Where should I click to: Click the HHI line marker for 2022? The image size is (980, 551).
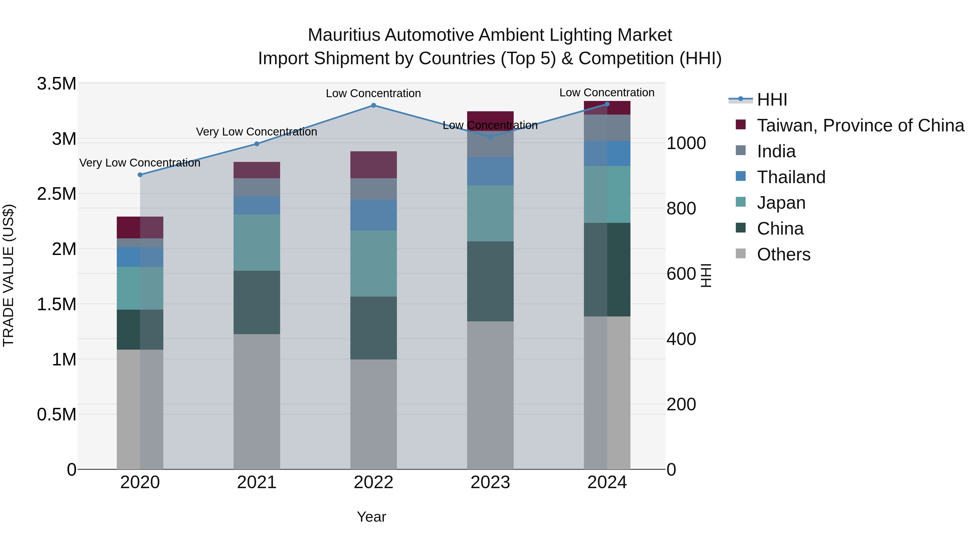[x=373, y=105]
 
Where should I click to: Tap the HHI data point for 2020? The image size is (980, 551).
[x=140, y=174]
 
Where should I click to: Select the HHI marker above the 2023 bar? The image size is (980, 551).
[x=490, y=137]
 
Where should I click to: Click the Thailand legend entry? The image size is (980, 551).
[x=791, y=177]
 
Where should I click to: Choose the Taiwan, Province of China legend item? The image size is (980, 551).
[x=860, y=125]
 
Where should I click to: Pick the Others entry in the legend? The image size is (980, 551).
[x=783, y=254]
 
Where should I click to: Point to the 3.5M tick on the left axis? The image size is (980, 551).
[x=57, y=84]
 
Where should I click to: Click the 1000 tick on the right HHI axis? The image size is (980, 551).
[x=686, y=143]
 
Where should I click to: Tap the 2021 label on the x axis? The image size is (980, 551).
[x=256, y=482]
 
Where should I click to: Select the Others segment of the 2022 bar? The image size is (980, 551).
[x=373, y=414]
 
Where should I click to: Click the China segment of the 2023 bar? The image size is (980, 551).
[x=490, y=281]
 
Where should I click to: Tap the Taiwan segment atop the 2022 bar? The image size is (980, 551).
[x=373, y=165]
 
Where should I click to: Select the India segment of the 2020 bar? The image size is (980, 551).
[x=140, y=243]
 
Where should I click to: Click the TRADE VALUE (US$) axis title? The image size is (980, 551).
[x=8, y=275]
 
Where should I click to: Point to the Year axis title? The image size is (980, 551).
[x=371, y=517]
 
